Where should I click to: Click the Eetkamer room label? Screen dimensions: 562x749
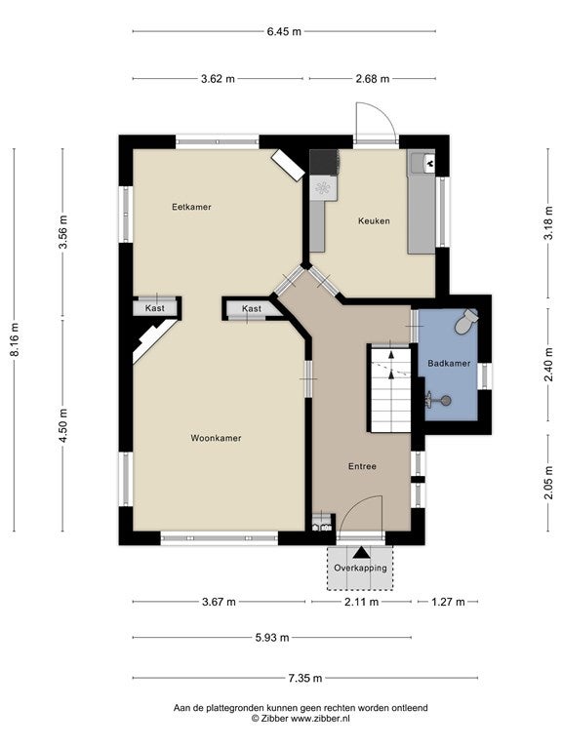click(x=191, y=207)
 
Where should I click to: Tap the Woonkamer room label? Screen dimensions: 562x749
click(x=216, y=438)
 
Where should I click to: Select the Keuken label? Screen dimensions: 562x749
click(x=374, y=220)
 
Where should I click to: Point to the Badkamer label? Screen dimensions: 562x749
click(x=449, y=363)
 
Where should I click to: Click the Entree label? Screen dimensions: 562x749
click(x=362, y=466)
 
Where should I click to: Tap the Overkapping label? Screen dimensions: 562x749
click(x=360, y=569)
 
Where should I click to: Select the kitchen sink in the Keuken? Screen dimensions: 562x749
click(x=422, y=163)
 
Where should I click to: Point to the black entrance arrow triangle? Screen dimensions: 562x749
click(x=361, y=553)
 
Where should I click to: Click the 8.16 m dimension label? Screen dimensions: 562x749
click(x=15, y=339)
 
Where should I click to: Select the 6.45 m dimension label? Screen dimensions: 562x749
click(x=284, y=32)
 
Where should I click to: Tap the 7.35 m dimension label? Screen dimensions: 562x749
click(x=304, y=678)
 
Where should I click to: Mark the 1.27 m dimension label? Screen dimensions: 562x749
click(x=448, y=602)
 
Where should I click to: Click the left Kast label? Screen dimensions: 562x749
click(x=155, y=308)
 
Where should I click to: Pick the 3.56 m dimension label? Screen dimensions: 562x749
click(x=63, y=232)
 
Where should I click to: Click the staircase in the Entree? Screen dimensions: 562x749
click(x=391, y=388)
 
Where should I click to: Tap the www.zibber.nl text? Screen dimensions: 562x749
click(x=321, y=718)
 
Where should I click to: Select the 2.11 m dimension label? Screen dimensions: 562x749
click(x=361, y=602)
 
